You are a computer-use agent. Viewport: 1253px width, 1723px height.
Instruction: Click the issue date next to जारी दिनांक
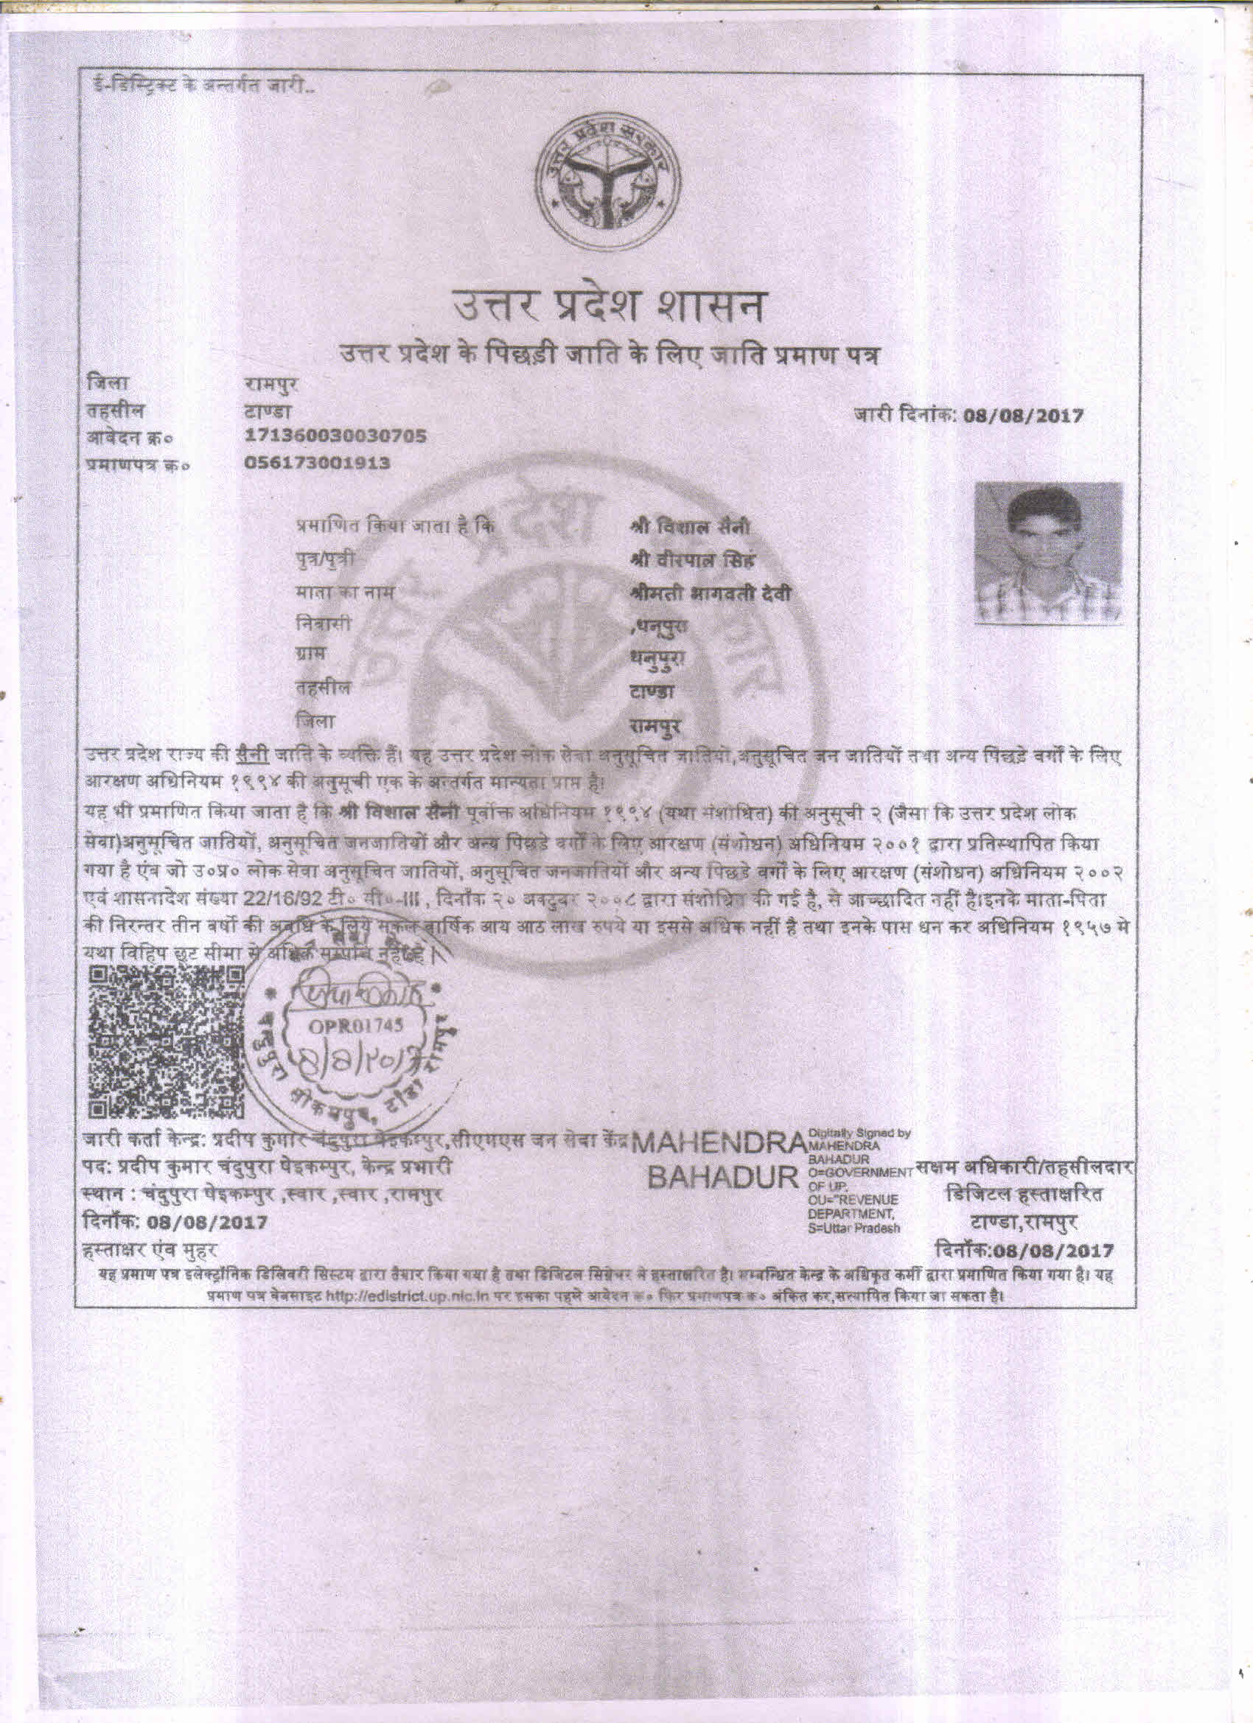coord(1023,416)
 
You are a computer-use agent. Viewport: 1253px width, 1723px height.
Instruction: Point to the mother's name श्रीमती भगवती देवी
coord(710,593)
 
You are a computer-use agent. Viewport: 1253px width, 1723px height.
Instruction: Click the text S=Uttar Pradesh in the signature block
coord(855,1228)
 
